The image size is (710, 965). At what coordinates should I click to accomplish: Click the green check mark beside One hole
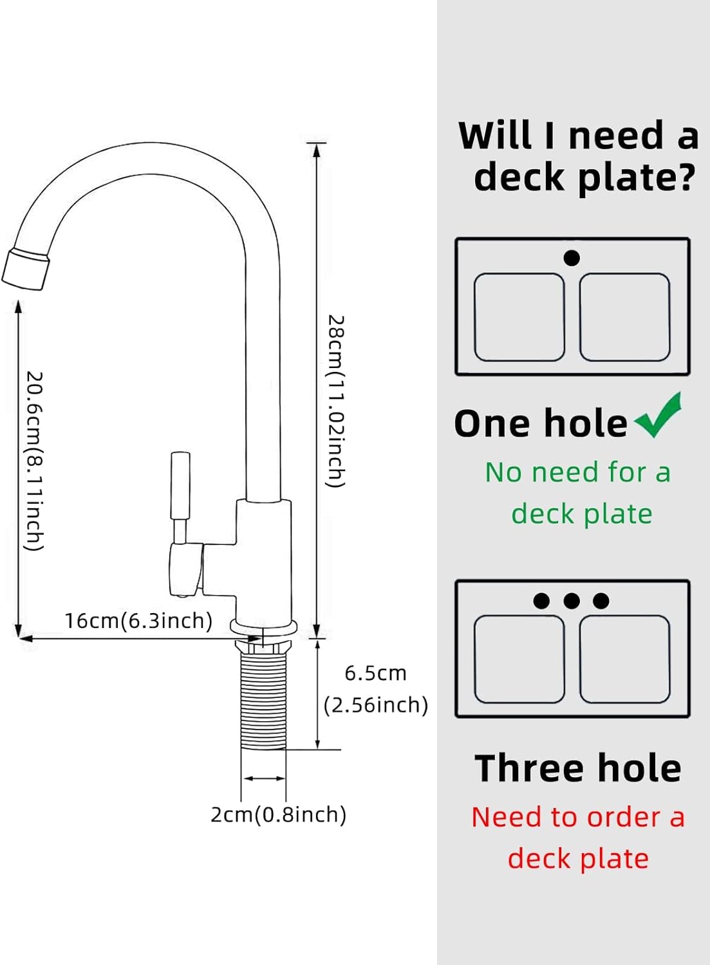(x=659, y=416)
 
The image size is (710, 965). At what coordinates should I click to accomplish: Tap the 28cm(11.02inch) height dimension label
(x=336, y=401)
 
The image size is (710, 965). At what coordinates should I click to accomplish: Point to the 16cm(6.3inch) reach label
(x=138, y=621)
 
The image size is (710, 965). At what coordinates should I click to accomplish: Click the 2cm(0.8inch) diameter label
(x=278, y=814)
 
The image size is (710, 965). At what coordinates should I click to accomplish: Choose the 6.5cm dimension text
(x=375, y=674)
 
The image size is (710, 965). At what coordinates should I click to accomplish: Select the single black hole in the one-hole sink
(x=572, y=257)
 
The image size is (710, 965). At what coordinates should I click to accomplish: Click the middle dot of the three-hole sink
(x=572, y=600)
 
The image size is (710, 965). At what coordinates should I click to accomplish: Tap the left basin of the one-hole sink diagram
(x=519, y=317)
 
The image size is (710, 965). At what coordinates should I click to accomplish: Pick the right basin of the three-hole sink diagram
(x=624, y=659)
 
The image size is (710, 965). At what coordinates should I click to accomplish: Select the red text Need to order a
(x=577, y=817)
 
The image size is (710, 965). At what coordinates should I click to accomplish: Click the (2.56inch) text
(x=375, y=705)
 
